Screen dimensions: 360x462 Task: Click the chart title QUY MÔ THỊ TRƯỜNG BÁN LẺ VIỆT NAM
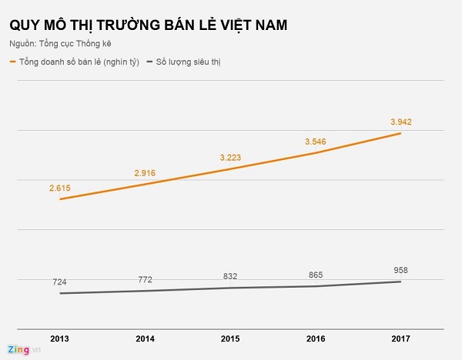tap(149, 25)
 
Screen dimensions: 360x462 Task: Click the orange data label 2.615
tap(60, 187)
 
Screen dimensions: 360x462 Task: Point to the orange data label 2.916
tap(144, 173)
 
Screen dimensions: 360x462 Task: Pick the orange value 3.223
tap(230, 157)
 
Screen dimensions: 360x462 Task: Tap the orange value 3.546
tap(316, 142)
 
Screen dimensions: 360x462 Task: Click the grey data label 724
tap(60, 282)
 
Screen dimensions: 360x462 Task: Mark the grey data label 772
tap(146, 279)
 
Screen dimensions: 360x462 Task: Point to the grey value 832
tap(230, 276)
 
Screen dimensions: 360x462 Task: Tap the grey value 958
tap(400, 270)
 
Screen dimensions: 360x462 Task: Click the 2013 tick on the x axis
tap(60, 338)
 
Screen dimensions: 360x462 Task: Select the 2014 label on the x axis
tap(146, 338)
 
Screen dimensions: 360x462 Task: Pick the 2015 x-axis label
tap(230, 338)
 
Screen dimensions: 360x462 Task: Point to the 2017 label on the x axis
tap(400, 338)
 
